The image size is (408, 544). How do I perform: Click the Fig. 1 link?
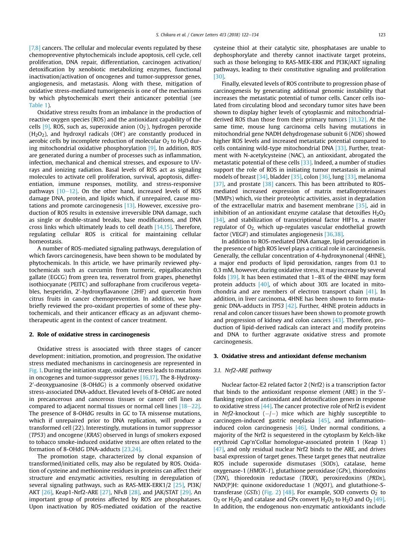(34, 370)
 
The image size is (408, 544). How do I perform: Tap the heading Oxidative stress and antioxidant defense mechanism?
(290, 356)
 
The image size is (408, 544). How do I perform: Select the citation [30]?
(219, 76)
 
